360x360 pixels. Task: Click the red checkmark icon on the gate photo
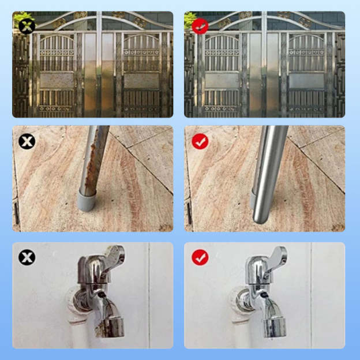click(199, 26)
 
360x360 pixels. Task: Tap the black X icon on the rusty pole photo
click(27, 141)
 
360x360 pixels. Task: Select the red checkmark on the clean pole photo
click(200, 141)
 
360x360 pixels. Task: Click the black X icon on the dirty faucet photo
click(27, 257)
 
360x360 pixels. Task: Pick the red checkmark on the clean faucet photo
click(200, 257)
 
